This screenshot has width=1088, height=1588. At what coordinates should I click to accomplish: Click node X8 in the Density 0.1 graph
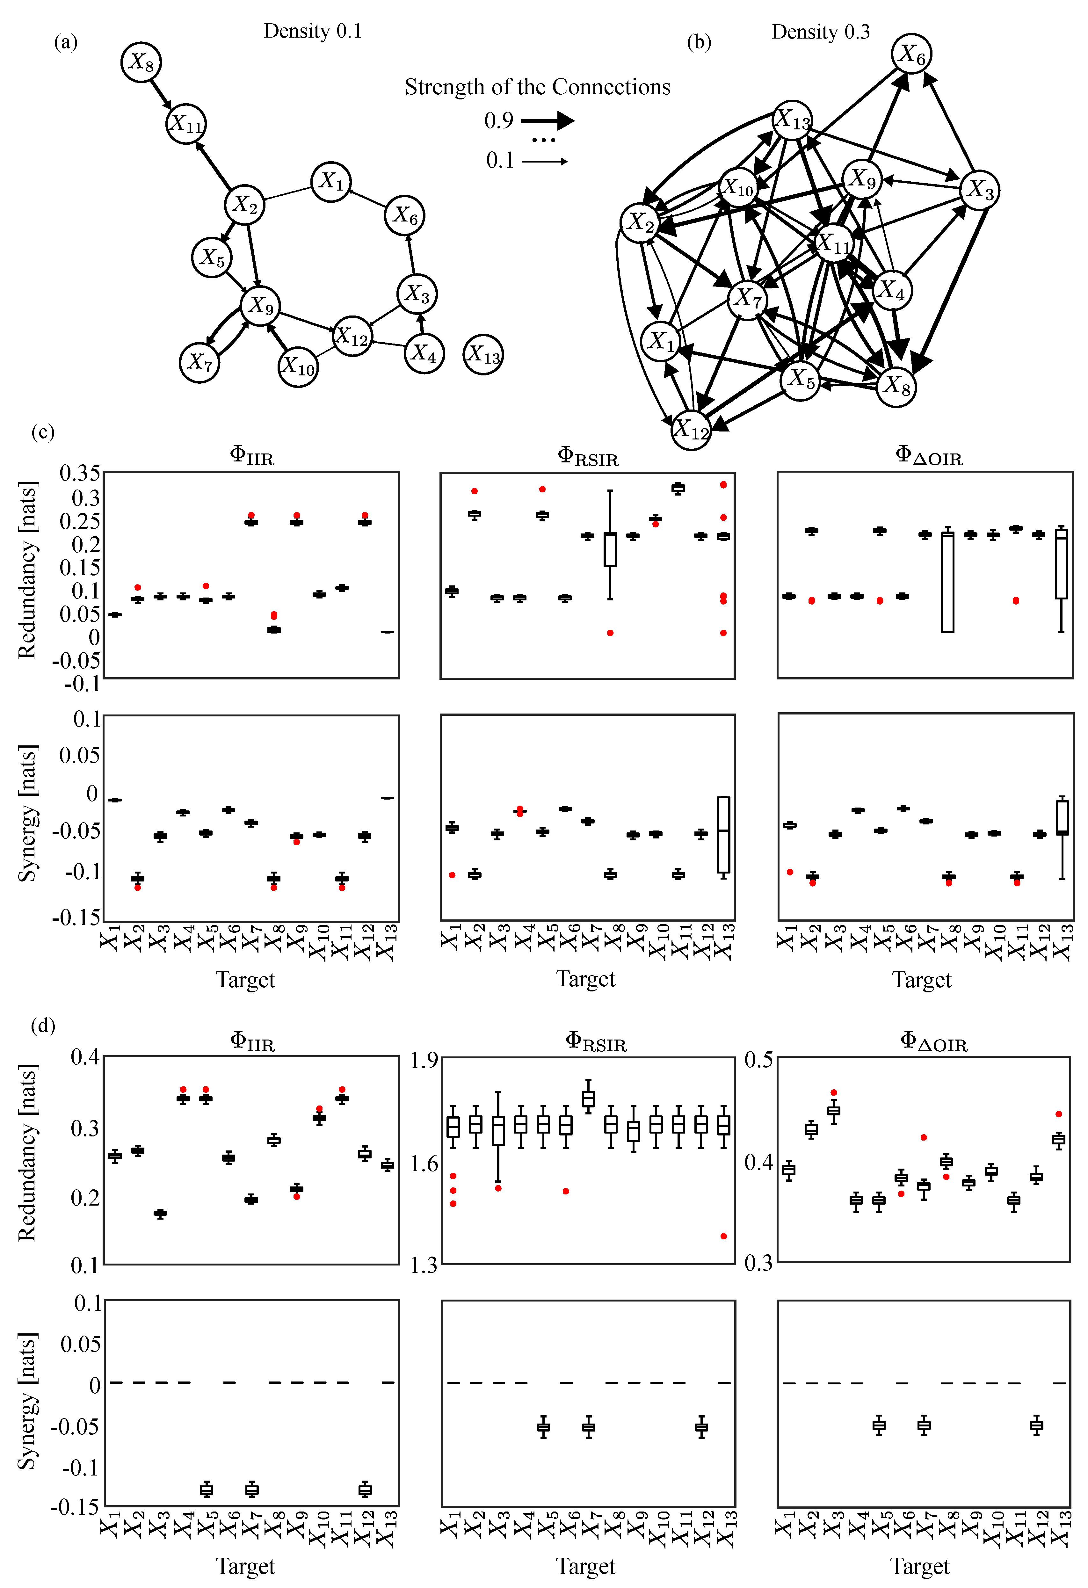coord(141,62)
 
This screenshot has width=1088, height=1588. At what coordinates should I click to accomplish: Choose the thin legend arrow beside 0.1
coord(545,161)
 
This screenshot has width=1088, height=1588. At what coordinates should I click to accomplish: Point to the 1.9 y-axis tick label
coord(424,1061)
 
